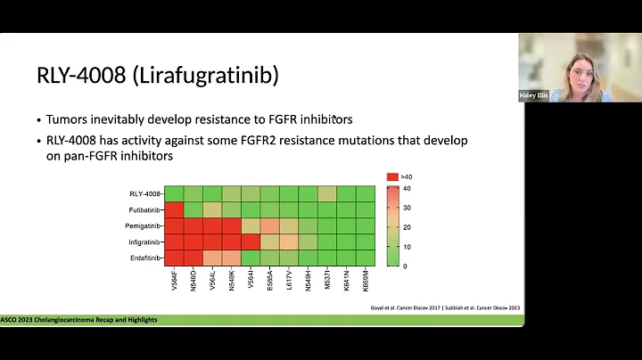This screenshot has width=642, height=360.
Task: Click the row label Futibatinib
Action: (x=144, y=209)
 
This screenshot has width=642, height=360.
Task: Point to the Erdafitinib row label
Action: (x=144, y=258)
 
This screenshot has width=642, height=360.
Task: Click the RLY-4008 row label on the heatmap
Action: (x=145, y=193)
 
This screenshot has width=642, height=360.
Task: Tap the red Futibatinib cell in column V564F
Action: (x=174, y=209)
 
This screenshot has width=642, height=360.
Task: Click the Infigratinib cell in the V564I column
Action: (x=251, y=241)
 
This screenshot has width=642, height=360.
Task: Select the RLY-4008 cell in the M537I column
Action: (x=327, y=193)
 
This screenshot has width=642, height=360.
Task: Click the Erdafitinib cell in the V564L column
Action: (x=212, y=258)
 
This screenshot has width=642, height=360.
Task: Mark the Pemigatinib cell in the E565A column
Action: (x=269, y=225)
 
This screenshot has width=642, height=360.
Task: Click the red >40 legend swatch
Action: (x=391, y=177)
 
